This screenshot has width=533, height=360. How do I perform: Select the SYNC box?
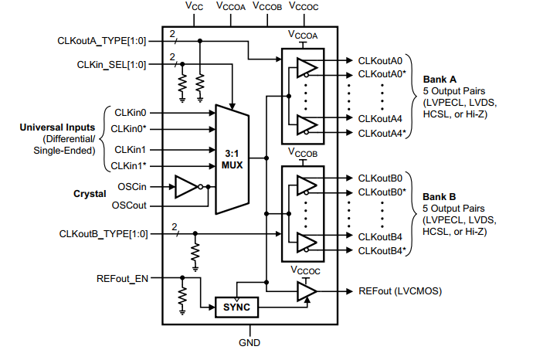(x=236, y=306)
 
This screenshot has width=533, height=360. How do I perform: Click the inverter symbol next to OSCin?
(x=187, y=186)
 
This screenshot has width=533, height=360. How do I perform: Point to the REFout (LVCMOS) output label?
(x=400, y=291)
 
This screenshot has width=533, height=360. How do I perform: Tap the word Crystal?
(x=89, y=195)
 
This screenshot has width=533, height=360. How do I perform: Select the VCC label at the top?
(x=195, y=5)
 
